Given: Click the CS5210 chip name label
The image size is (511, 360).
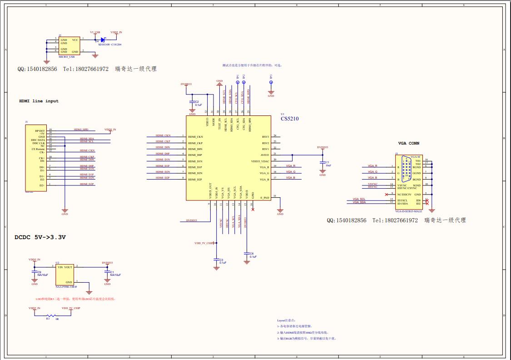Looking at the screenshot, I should coord(289,119).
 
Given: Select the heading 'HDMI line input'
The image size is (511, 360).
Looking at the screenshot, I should coord(39,101).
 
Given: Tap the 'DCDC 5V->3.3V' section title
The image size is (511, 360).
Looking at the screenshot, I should coord(40,237).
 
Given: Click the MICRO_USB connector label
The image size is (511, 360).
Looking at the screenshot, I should coord(67,57).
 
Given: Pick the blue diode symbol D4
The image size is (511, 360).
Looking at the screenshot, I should coord(103,40).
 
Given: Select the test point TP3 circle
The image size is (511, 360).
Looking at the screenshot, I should coord(271,83).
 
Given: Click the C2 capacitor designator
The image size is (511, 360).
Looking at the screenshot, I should coord(197,102).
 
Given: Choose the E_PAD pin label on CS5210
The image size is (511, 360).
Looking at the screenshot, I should coord(265,198).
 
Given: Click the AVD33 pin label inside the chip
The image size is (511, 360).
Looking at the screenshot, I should coord(264,155).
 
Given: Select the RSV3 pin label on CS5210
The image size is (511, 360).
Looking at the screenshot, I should coord(265,136).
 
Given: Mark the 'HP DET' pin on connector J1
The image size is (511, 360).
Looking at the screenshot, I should coord(40,130).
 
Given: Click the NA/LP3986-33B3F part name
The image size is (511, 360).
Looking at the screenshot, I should coord(66,287).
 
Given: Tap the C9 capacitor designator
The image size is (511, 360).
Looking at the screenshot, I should coord(39,272).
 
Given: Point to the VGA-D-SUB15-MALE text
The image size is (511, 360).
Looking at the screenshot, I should coord(408,211).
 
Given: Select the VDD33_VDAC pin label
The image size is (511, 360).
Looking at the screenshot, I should coord(260,161).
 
